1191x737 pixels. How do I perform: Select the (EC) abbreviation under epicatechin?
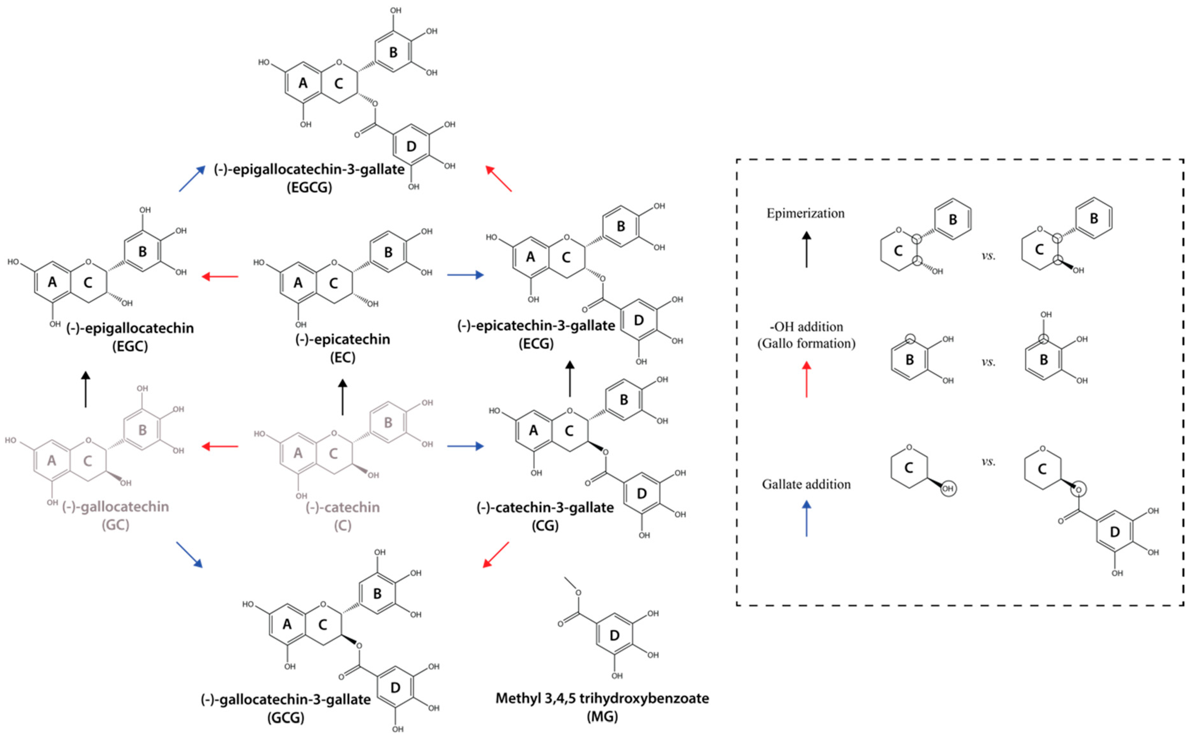coord(342,358)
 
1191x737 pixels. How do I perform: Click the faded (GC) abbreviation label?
coord(116,525)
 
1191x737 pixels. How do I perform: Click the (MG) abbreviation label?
coord(602,717)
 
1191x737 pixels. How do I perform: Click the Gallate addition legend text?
coord(806,484)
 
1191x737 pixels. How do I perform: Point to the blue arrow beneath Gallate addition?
coord(807,519)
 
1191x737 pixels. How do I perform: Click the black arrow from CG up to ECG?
coord(570,379)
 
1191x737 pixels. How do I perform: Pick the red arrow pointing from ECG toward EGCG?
coord(499,178)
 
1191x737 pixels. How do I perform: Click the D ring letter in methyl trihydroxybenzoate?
coord(615,636)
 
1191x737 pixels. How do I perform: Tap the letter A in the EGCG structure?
coord(302,83)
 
